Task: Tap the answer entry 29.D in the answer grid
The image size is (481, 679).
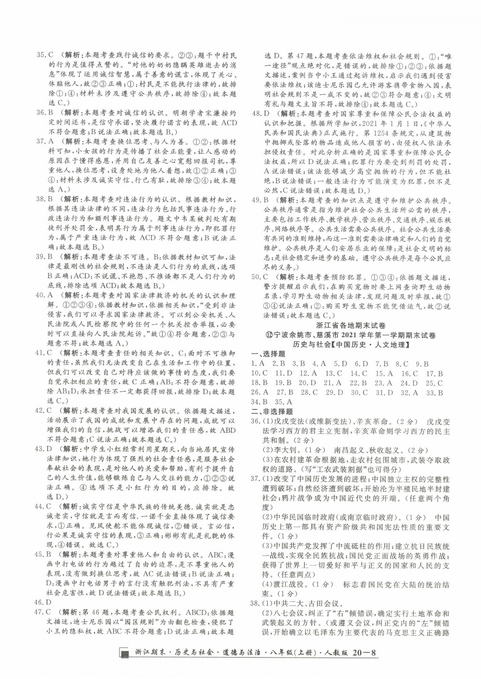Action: [x=334, y=392]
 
